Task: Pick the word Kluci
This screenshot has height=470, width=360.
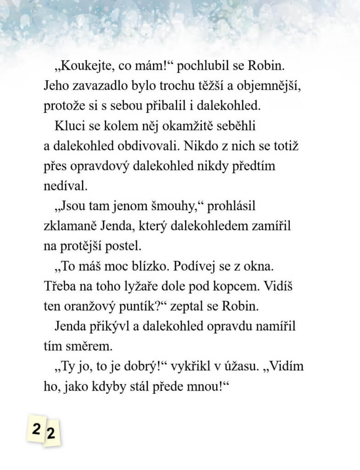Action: tap(68, 125)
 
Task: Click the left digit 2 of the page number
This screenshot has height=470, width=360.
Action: tap(36, 430)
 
